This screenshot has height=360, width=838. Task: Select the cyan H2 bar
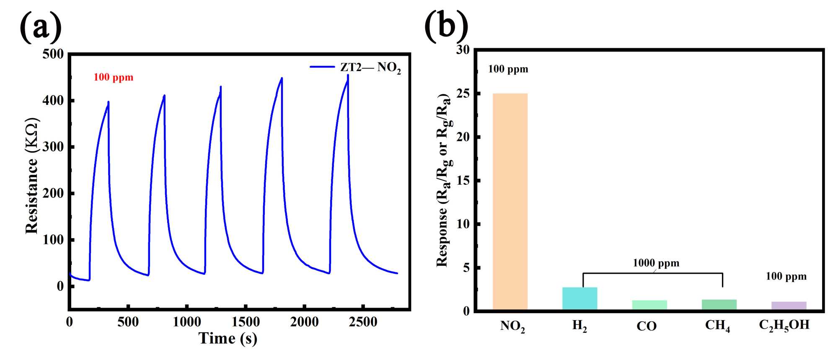coord(579,298)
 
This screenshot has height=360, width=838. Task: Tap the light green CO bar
coord(649,305)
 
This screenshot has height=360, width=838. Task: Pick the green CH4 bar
coord(719,304)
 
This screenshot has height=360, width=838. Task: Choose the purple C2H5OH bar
coord(789,306)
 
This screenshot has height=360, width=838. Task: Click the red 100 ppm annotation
coord(114,78)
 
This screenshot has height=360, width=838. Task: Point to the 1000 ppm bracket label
coord(656,263)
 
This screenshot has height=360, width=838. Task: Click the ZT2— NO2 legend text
coord(370,67)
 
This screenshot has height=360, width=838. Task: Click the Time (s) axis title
coord(228,339)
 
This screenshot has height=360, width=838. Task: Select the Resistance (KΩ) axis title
coord(32,176)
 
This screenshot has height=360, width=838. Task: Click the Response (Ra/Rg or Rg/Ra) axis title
coord(444,180)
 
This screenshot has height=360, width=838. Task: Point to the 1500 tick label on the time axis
coord(246,322)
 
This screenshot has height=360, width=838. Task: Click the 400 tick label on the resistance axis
coord(53,101)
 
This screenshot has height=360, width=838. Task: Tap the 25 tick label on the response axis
coord(463,93)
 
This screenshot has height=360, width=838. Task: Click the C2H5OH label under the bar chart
coord(784,326)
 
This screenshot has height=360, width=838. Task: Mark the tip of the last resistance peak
coord(348,75)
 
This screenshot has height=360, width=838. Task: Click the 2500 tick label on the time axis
coord(363,322)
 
